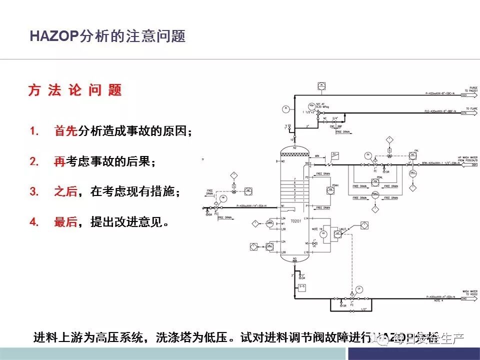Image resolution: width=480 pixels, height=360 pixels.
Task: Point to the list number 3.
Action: pyautogui.click(x=34, y=191)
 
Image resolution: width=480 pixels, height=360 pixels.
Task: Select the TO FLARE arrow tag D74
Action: pyautogui.click(x=464, y=113)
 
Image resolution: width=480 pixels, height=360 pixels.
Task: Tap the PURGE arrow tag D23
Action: pyautogui.click(x=464, y=94)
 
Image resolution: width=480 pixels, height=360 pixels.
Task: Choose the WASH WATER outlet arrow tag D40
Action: pyautogui.click(x=464, y=298)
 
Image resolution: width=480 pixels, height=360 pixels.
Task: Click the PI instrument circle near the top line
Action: pyautogui.click(x=286, y=108)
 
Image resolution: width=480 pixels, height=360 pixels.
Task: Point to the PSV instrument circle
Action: pyautogui.click(x=311, y=105)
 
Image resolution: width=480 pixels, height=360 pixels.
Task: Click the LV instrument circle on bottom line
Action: pyautogui.click(x=358, y=289)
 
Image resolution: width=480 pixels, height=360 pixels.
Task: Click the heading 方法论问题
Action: pyautogui.click(x=75, y=90)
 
